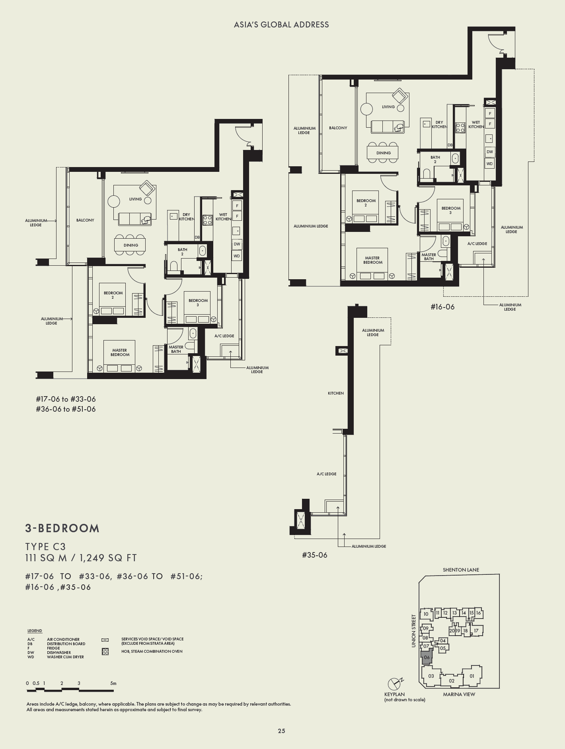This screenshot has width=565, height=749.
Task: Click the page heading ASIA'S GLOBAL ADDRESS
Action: pos(281,25)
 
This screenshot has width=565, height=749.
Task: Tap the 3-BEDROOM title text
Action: pos(62,528)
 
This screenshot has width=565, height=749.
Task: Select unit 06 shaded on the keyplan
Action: pos(427,658)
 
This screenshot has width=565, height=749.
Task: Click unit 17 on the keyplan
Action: pos(476,630)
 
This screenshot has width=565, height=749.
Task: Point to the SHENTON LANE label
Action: pos(461,570)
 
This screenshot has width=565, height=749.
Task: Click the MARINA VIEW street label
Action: pos(459,694)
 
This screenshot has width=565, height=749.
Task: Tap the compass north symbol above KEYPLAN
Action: pos(395,684)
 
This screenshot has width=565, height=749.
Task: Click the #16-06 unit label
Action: pos(442,307)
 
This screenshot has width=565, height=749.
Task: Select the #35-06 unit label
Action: pos(314,555)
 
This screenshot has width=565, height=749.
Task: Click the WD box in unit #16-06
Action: pos(489,163)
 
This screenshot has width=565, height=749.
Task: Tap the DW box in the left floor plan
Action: pos(237,244)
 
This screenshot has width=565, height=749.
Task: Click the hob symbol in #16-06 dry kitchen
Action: pos(460,128)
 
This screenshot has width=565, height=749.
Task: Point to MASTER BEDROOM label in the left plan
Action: pos(120,352)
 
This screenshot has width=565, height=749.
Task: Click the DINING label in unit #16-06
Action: pos(384,153)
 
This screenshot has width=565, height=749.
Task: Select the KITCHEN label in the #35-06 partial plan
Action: pos(335,393)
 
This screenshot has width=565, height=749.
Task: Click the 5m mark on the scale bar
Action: pos(113,683)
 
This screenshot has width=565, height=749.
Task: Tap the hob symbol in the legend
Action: pos(105,652)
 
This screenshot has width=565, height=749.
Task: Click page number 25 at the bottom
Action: pos(282,731)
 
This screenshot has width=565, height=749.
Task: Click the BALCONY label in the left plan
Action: pos(85,220)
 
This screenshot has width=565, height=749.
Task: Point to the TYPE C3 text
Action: pos(45,547)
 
